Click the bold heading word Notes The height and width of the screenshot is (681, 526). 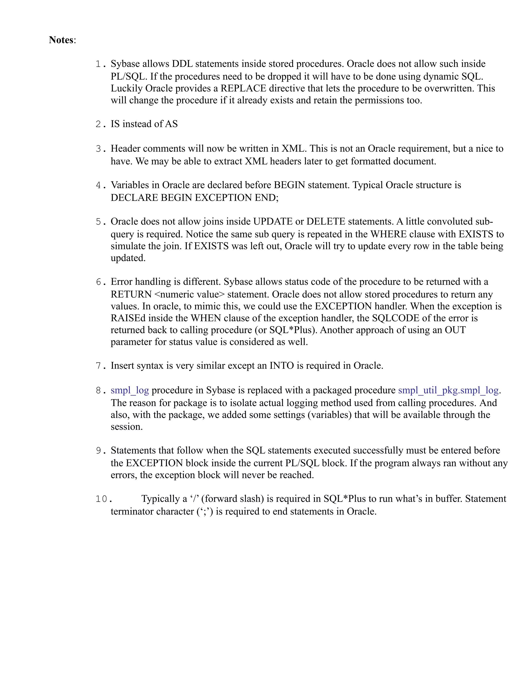(x=61, y=40)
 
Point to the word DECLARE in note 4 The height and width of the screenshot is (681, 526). (x=134, y=198)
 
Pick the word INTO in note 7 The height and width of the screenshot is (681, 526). (x=282, y=365)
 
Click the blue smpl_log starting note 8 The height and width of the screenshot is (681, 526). (x=130, y=390)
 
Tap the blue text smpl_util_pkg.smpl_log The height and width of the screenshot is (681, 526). (x=448, y=390)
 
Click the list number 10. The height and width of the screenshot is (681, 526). (x=102, y=499)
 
